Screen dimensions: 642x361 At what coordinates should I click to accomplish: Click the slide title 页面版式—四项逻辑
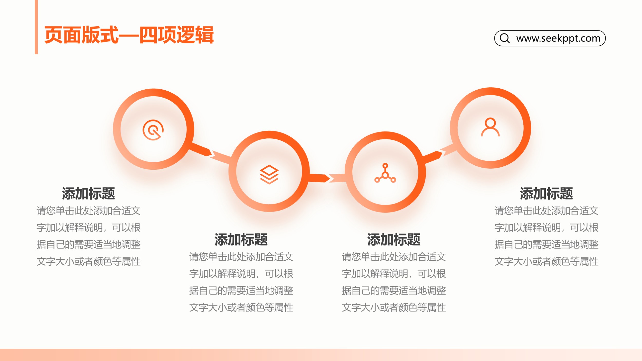(129, 35)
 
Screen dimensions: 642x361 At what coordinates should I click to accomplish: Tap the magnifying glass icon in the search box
(505, 38)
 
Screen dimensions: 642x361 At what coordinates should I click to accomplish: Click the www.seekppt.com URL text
(558, 38)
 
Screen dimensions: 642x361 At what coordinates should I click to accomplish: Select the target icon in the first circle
(153, 130)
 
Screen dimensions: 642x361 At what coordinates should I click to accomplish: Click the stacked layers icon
(269, 175)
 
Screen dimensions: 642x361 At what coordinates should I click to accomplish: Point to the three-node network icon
(385, 173)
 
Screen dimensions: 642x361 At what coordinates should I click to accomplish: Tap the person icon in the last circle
(490, 127)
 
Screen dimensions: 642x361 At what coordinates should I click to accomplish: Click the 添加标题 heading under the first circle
(88, 194)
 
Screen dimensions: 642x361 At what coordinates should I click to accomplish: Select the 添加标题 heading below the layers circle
(241, 240)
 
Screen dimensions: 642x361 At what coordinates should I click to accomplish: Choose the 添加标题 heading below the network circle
(394, 240)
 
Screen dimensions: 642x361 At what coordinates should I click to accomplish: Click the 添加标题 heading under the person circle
(546, 194)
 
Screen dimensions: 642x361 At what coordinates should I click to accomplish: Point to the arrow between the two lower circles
(327, 178)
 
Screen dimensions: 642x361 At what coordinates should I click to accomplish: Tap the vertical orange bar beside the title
(36, 27)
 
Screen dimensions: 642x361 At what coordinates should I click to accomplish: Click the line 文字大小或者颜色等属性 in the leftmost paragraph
(88, 261)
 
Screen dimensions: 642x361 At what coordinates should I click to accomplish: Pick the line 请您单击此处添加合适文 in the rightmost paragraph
(546, 211)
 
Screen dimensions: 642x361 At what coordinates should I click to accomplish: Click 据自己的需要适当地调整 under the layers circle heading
(241, 291)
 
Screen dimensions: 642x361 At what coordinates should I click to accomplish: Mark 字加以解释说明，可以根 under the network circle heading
(394, 274)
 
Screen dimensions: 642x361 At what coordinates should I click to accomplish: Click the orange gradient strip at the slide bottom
(321, 355)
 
